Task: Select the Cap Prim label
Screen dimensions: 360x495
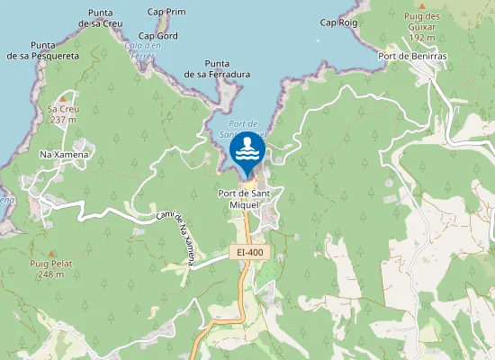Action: [166, 13]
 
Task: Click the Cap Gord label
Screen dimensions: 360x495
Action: [158, 36]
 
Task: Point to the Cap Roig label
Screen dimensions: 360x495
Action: [338, 22]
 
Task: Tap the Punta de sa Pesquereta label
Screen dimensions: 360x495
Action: [43, 50]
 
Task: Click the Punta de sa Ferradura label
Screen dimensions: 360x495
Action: [216, 68]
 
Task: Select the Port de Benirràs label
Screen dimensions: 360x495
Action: [413, 57]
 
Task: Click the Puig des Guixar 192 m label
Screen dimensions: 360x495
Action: [421, 27]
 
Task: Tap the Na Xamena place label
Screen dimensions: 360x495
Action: [65, 155]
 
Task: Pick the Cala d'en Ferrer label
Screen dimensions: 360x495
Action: [143, 50]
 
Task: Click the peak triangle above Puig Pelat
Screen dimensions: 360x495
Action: [51, 252]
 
